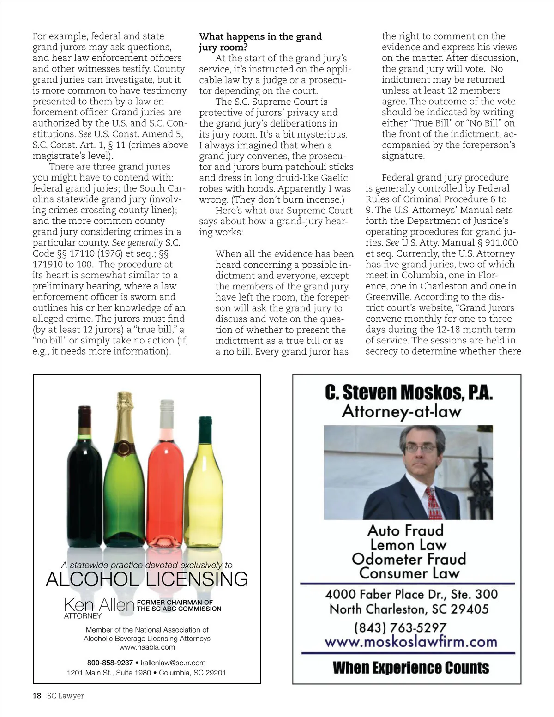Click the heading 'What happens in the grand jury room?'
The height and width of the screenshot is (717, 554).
pos(260,42)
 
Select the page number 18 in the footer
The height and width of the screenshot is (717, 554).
pos(37,696)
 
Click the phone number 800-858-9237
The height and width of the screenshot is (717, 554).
pos(110,663)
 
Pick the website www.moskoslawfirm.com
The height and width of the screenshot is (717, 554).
pos(410,642)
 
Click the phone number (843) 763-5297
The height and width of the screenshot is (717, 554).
pos(400,627)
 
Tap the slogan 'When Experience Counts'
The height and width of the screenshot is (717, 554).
pos(411,668)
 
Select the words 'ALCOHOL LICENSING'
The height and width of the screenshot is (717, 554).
pos(147,579)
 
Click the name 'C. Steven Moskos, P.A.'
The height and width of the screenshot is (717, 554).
pos(409,392)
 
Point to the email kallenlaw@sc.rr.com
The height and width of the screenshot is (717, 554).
pos(173,663)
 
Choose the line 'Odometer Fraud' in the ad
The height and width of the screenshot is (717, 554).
pos(409,559)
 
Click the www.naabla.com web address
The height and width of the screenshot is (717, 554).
pos(147,647)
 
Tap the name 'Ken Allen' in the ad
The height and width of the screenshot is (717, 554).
pos(99,604)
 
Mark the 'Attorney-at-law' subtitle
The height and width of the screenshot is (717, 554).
pos(401,411)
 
